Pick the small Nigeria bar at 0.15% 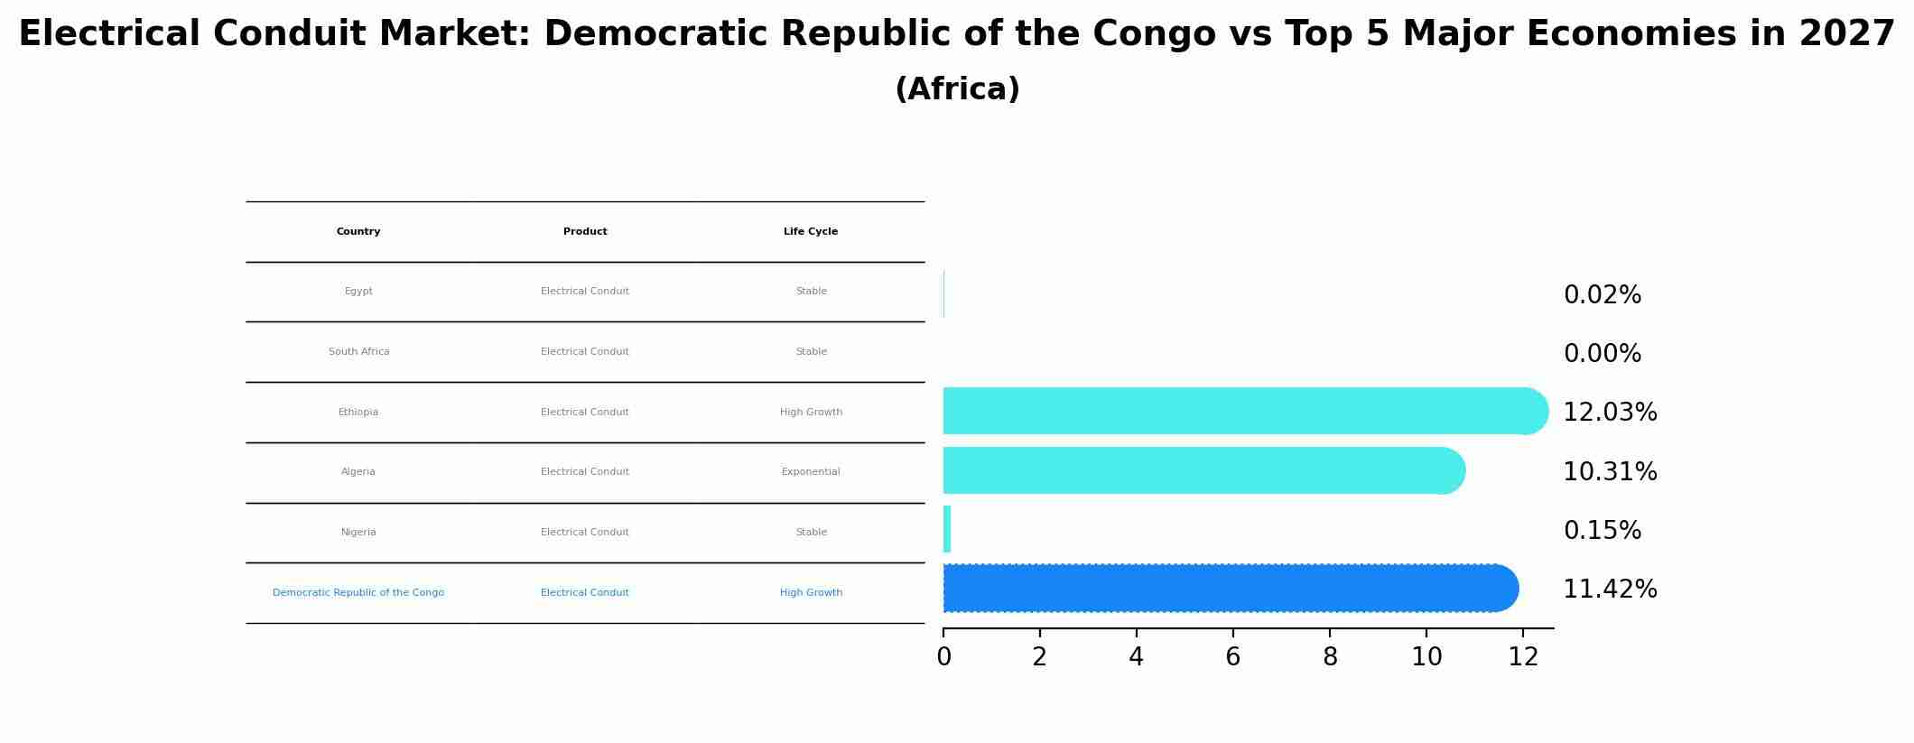coord(947,530)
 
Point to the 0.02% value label coord(1602,295)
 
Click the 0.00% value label coord(1602,354)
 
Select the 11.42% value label coord(1609,590)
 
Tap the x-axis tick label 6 coord(1232,657)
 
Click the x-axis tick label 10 coord(1426,657)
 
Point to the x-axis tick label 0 coord(943,657)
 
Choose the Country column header coord(358,232)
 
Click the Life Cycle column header coord(811,232)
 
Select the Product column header coord(585,232)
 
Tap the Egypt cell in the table coord(358,292)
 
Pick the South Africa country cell coord(358,352)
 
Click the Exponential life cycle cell coord(811,472)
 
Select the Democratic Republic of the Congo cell coord(358,593)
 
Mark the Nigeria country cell coord(358,533)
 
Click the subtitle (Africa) coord(957,89)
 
